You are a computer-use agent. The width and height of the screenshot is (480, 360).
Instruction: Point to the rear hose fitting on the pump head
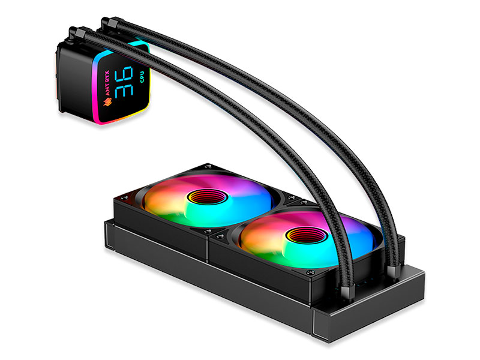[110, 24]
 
